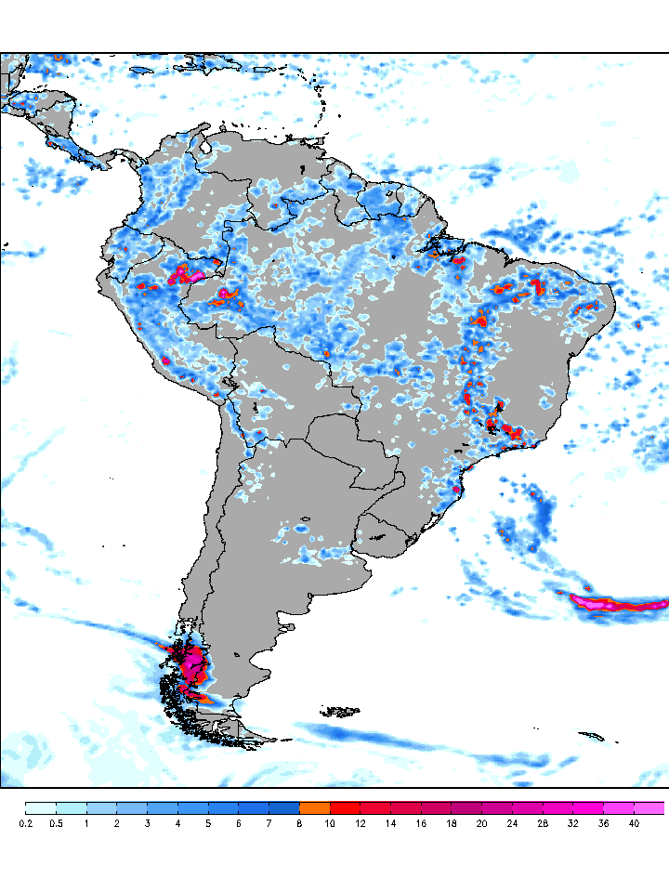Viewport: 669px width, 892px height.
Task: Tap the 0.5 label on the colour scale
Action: (x=56, y=823)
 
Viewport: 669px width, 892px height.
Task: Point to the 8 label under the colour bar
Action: (x=299, y=823)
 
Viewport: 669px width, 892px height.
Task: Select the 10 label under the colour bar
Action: (x=330, y=823)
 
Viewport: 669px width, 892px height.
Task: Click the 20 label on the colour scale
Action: (x=481, y=823)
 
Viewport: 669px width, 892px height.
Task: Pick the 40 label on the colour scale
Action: (x=634, y=823)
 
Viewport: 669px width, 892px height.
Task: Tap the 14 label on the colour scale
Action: (x=390, y=823)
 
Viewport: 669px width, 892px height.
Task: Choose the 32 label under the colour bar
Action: (x=573, y=823)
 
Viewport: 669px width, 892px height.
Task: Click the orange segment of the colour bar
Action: (x=315, y=808)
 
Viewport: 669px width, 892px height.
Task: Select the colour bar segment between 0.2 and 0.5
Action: (x=41, y=808)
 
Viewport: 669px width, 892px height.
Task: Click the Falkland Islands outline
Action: (x=340, y=713)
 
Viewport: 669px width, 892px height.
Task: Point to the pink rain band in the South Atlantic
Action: (x=613, y=603)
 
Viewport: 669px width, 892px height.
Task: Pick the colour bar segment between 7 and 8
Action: (x=284, y=808)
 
